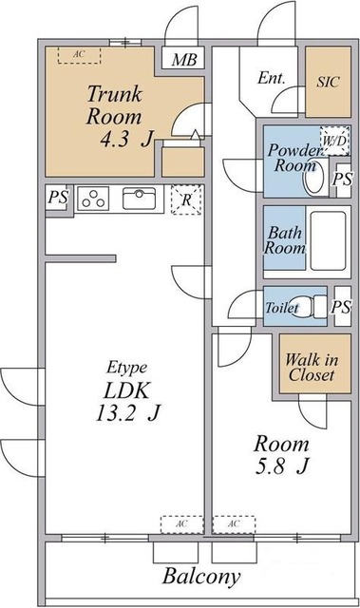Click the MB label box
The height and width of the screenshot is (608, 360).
[x=182, y=58]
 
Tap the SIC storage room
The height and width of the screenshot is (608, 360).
[x=329, y=82]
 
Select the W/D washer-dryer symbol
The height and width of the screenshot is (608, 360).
[x=334, y=141]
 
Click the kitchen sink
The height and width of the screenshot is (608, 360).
[x=139, y=199]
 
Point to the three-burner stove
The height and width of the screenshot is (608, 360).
[x=93, y=199]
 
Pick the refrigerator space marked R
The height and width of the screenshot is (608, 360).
[x=186, y=199]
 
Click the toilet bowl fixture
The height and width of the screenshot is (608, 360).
[x=309, y=306]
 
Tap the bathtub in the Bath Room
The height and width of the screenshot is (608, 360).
[x=328, y=240]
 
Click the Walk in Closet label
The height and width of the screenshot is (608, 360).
[x=312, y=368]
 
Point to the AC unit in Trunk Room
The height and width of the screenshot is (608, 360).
[x=80, y=55]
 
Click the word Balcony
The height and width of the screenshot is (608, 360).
[x=201, y=577]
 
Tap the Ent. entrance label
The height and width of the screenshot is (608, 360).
[x=272, y=78]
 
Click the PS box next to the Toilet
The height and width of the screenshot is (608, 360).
[x=342, y=306]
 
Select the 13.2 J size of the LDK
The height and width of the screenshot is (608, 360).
[x=128, y=413]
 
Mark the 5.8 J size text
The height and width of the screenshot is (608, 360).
[x=282, y=466]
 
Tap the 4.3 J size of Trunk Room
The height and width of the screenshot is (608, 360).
[x=126, y=140]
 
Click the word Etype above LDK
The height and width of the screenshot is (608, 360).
[x=126, y=368]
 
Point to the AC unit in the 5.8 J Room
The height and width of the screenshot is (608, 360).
[x=234, y=524]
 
